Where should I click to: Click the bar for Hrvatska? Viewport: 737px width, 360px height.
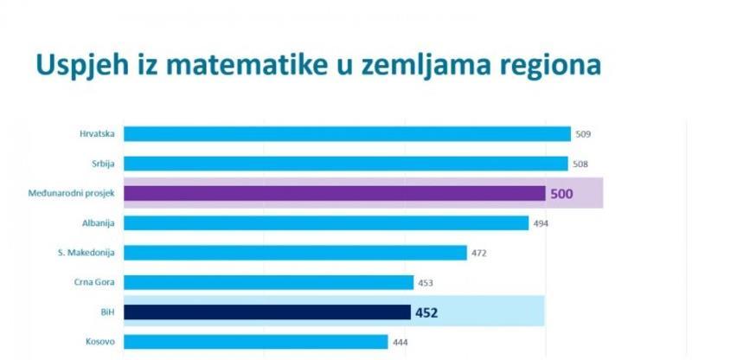347,134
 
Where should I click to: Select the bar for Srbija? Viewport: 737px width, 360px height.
346,164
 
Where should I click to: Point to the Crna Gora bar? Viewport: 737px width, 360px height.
269,282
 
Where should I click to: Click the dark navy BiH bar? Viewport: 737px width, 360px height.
267,312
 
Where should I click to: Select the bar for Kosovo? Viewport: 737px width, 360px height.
256,342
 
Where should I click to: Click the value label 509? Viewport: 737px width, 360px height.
584,135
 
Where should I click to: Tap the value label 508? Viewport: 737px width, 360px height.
581,164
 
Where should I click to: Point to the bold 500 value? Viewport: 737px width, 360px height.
562,194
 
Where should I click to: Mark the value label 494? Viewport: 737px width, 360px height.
541,224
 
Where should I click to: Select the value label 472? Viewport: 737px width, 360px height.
480,254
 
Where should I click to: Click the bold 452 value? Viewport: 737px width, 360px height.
426,312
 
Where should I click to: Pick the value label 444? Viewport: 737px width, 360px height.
401,343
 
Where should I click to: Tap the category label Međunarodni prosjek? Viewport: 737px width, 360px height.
77,193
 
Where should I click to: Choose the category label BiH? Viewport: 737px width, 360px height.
108,312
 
